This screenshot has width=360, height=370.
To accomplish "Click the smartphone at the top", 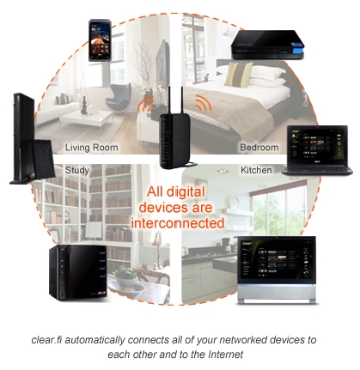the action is point(100,40).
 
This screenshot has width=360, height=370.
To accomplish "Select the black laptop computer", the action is point(318,150).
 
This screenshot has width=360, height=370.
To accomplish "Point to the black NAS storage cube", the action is point(78,272).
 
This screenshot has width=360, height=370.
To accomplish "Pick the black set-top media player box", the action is point(267,45).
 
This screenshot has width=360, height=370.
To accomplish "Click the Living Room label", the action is point(92,148).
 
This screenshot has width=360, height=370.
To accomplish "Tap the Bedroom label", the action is point(259,148).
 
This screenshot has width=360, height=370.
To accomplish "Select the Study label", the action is point(77,170).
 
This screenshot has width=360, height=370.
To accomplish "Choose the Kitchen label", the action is point(256,170).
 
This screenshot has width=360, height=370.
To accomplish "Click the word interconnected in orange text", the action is point(178,223).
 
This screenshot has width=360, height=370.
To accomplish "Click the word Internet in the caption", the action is point(226,355).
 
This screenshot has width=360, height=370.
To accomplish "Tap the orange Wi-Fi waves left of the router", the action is point(145,105).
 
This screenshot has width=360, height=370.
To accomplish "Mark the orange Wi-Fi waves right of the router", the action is point(204,104).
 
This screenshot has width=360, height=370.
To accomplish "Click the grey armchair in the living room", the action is point(119,98).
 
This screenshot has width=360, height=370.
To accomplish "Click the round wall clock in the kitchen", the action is point(235,202).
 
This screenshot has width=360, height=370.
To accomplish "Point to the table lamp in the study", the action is point(157,248).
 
